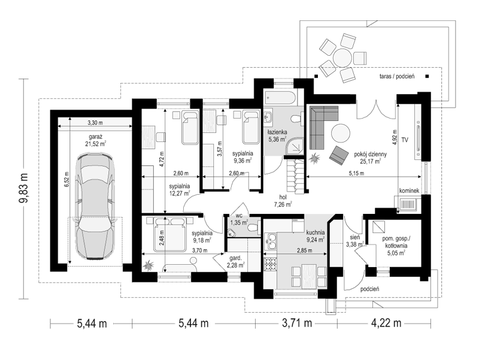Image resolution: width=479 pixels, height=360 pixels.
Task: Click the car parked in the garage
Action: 95,206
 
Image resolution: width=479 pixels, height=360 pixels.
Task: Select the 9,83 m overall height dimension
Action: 24,188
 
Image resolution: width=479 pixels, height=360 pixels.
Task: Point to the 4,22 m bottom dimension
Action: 386,323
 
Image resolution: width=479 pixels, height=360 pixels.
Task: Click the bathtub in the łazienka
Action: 280,98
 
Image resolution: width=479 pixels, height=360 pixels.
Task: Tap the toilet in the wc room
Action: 253,229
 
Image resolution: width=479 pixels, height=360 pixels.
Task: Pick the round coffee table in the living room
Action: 341,133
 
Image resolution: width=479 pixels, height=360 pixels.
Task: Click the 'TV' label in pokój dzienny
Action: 405,140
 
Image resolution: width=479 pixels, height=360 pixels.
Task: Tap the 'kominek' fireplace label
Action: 409,190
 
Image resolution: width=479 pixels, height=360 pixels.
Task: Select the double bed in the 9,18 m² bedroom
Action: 169,234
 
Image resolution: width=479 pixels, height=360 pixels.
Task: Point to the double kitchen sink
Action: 270,241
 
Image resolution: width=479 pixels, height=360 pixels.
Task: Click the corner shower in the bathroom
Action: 295,146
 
